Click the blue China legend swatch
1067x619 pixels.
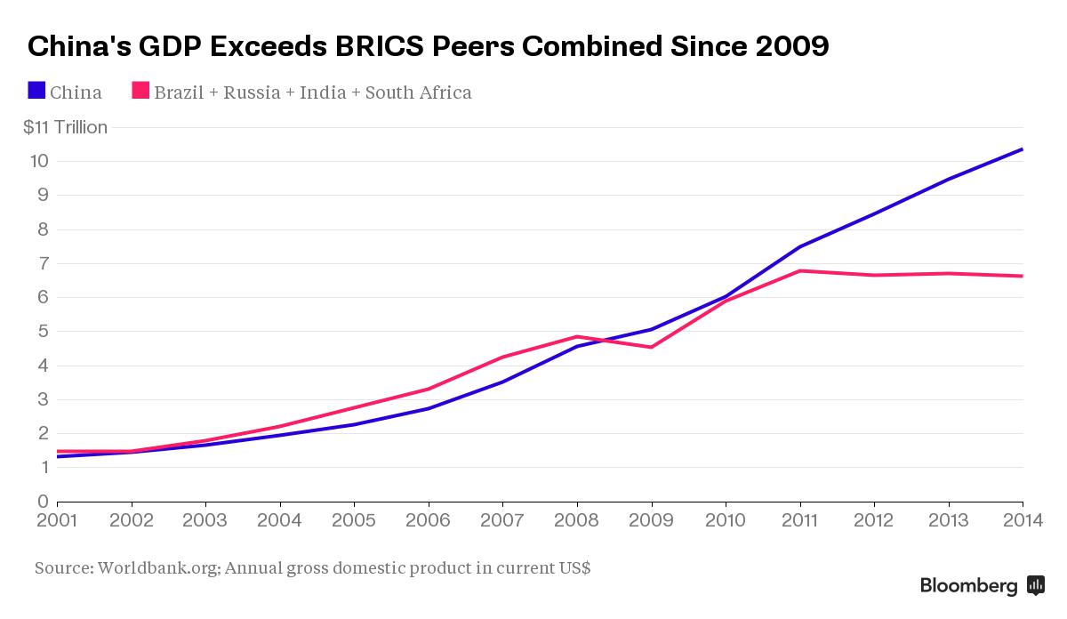[36, 91]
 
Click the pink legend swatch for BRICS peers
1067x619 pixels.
[140, 91]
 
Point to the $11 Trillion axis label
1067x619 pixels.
[65, 127]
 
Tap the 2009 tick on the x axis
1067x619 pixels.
[653, 519]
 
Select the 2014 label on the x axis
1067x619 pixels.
[1021, 519]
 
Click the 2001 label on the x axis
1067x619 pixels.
[58, 519]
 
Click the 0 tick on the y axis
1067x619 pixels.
[41, 502]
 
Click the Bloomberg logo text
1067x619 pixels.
[968, 586]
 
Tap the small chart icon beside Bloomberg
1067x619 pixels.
[1035, 585]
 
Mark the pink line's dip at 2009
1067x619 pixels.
[652, 347]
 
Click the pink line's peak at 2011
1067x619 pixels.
[800, 270]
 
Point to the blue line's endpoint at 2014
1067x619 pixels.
[1023, 149]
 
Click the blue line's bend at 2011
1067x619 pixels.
[800, 246]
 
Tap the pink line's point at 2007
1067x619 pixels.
[503, 358]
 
